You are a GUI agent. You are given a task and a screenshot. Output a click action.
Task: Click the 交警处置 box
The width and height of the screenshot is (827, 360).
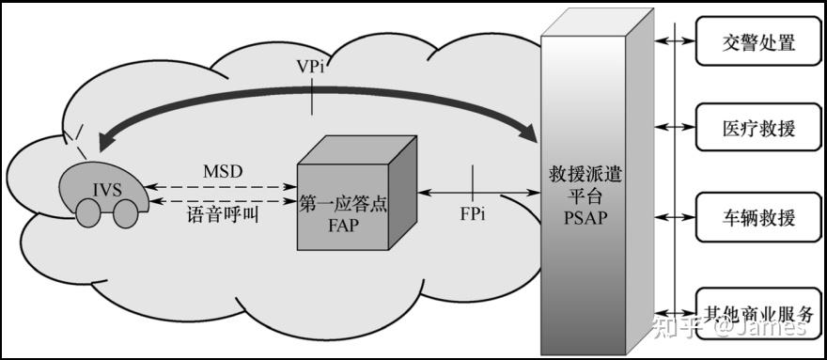point(757,42)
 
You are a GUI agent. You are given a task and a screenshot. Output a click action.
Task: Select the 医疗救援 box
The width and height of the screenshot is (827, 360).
point(757,128)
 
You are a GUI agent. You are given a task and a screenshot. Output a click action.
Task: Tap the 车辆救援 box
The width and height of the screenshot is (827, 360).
point(757,218)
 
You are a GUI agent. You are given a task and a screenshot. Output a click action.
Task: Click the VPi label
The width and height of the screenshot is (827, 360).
point(311,68)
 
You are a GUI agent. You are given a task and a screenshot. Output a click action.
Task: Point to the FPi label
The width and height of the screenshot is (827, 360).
point(473,214)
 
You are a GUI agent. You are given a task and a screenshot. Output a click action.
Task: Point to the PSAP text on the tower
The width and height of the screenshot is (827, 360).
point(588,218)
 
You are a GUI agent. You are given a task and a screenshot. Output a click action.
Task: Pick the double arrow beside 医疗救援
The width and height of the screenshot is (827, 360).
point(676,126)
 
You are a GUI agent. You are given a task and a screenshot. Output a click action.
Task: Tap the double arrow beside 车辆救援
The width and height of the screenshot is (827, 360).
point(676,216)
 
